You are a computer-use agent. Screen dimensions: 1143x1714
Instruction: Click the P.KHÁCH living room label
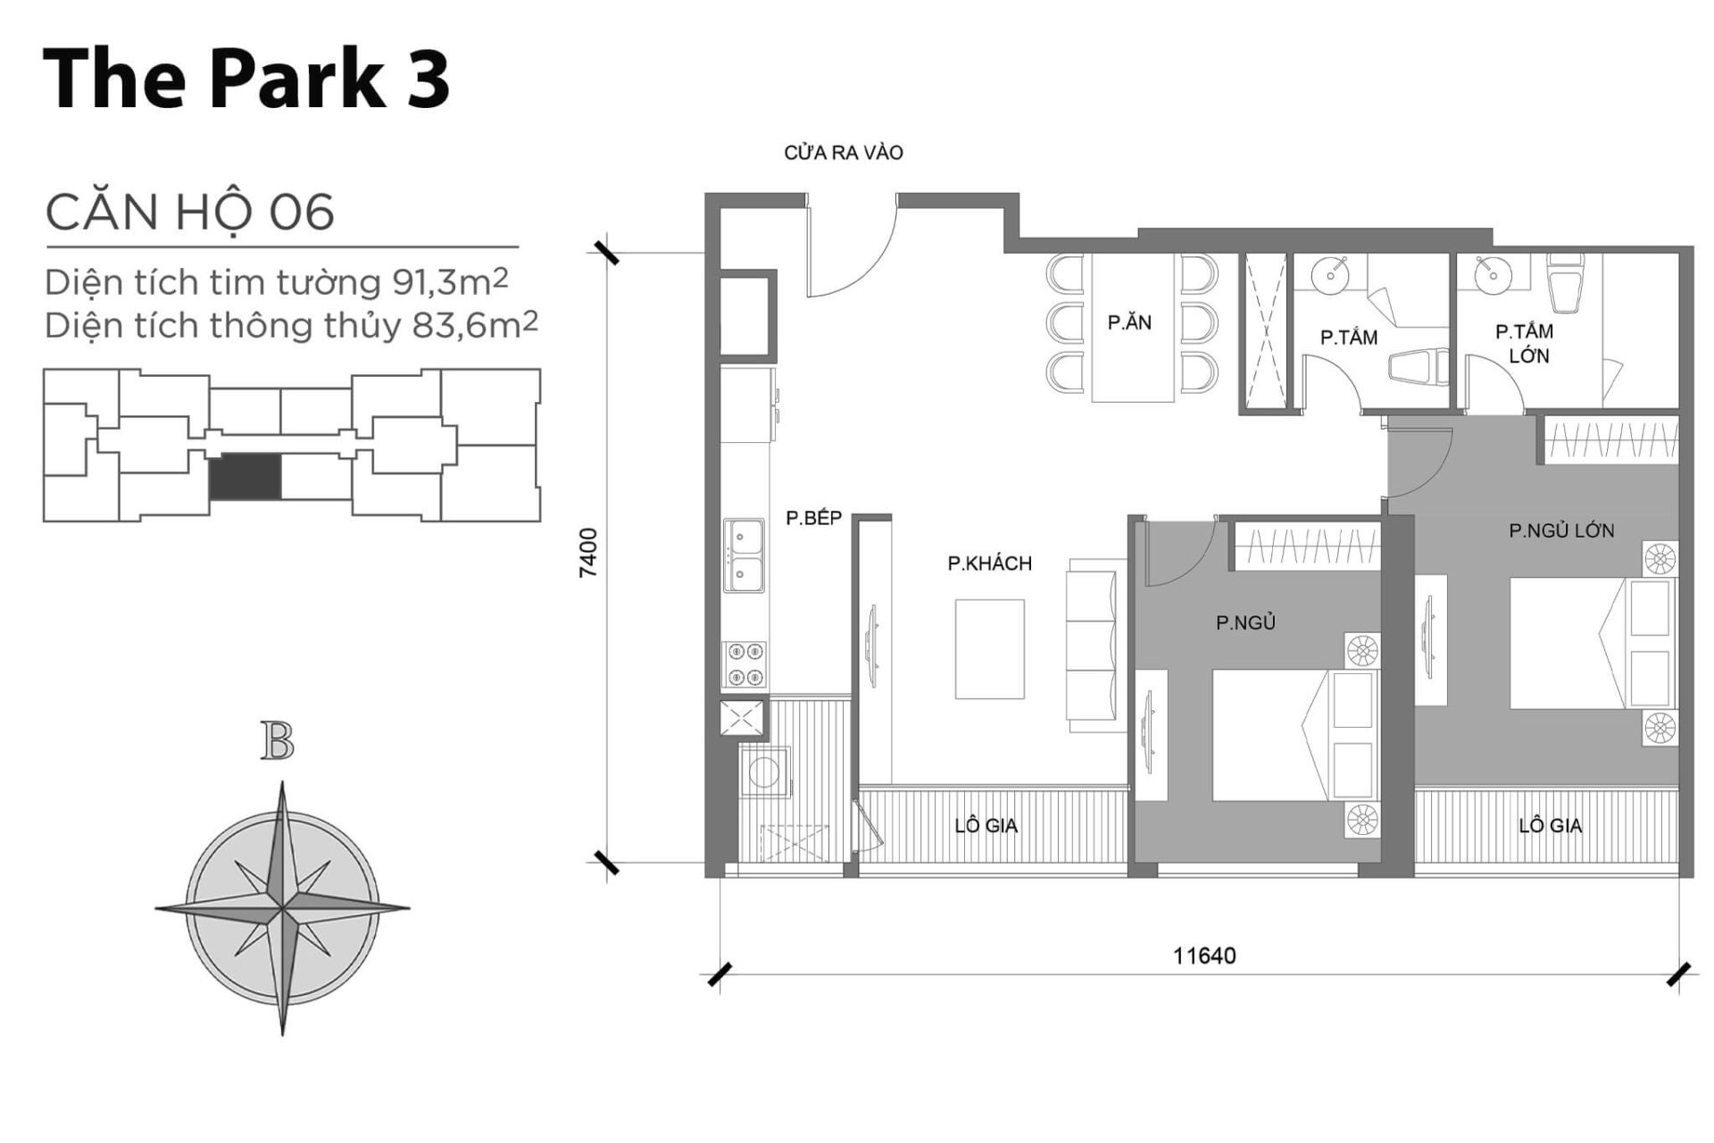tap(989, 563)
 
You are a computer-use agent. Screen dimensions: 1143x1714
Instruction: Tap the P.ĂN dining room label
tap(1129, 323)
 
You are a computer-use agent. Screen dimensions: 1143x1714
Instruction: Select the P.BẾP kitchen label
tap(813, 519)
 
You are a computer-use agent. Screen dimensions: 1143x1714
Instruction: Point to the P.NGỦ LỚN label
tap(1561, 531)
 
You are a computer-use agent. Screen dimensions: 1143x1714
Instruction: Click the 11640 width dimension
tap(1203, 956)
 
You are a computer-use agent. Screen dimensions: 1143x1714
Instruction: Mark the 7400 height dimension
tap(588, 554)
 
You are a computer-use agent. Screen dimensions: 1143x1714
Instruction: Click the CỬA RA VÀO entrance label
tap(843, 154)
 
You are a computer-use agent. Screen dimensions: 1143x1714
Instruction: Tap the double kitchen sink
tap(743, 556)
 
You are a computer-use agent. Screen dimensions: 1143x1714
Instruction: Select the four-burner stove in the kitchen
tap(744, 664)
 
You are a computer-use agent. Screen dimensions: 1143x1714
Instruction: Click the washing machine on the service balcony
tap(764, 772)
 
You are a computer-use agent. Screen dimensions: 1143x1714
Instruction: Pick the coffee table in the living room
tap(989, 649)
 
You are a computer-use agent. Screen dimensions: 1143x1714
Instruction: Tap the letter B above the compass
tap(278, 743)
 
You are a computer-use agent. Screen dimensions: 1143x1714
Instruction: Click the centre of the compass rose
tap(282, 909)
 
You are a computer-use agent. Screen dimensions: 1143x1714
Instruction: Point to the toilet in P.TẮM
tap(1419, 367)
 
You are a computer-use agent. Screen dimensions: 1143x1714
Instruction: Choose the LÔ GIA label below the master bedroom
tap(1550, 826)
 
